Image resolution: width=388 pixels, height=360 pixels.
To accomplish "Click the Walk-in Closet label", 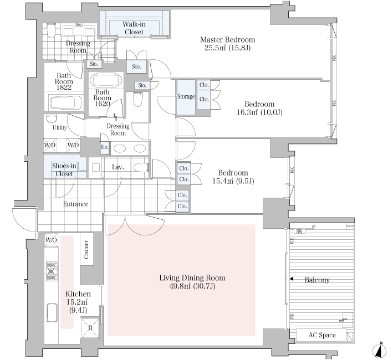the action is tap(134, 28).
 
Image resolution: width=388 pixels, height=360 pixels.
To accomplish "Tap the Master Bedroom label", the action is tap(227, 39).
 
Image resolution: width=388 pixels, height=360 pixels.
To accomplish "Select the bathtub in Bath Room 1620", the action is tap(106, 80).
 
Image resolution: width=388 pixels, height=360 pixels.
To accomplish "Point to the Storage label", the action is tap(186, 96).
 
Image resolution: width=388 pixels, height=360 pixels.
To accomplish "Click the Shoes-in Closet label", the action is tap(64, 169).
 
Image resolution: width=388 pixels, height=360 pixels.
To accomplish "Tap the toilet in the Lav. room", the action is tap(141, 168).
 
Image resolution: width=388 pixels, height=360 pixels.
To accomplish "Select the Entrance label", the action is tap(76, 204).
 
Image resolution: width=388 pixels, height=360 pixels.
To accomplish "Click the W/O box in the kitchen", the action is tap(51, 240).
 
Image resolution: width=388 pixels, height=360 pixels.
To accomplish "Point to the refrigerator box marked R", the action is tap(90, 328).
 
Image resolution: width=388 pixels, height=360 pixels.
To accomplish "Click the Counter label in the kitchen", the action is tap(86, 249).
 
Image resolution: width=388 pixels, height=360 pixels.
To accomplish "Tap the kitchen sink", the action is tap(52, 313).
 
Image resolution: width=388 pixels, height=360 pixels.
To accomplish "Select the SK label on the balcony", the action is tap(299, 231).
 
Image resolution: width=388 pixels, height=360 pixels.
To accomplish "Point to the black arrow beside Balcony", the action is tap(292, 279).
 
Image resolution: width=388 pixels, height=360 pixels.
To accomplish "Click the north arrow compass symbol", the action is tap(379, 350).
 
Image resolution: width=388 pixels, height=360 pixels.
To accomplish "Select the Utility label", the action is tap(60, 127).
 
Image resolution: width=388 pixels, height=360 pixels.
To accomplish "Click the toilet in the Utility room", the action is tap(52, 119).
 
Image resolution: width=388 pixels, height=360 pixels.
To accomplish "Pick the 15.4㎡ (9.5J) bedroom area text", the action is tap(233, 181).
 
